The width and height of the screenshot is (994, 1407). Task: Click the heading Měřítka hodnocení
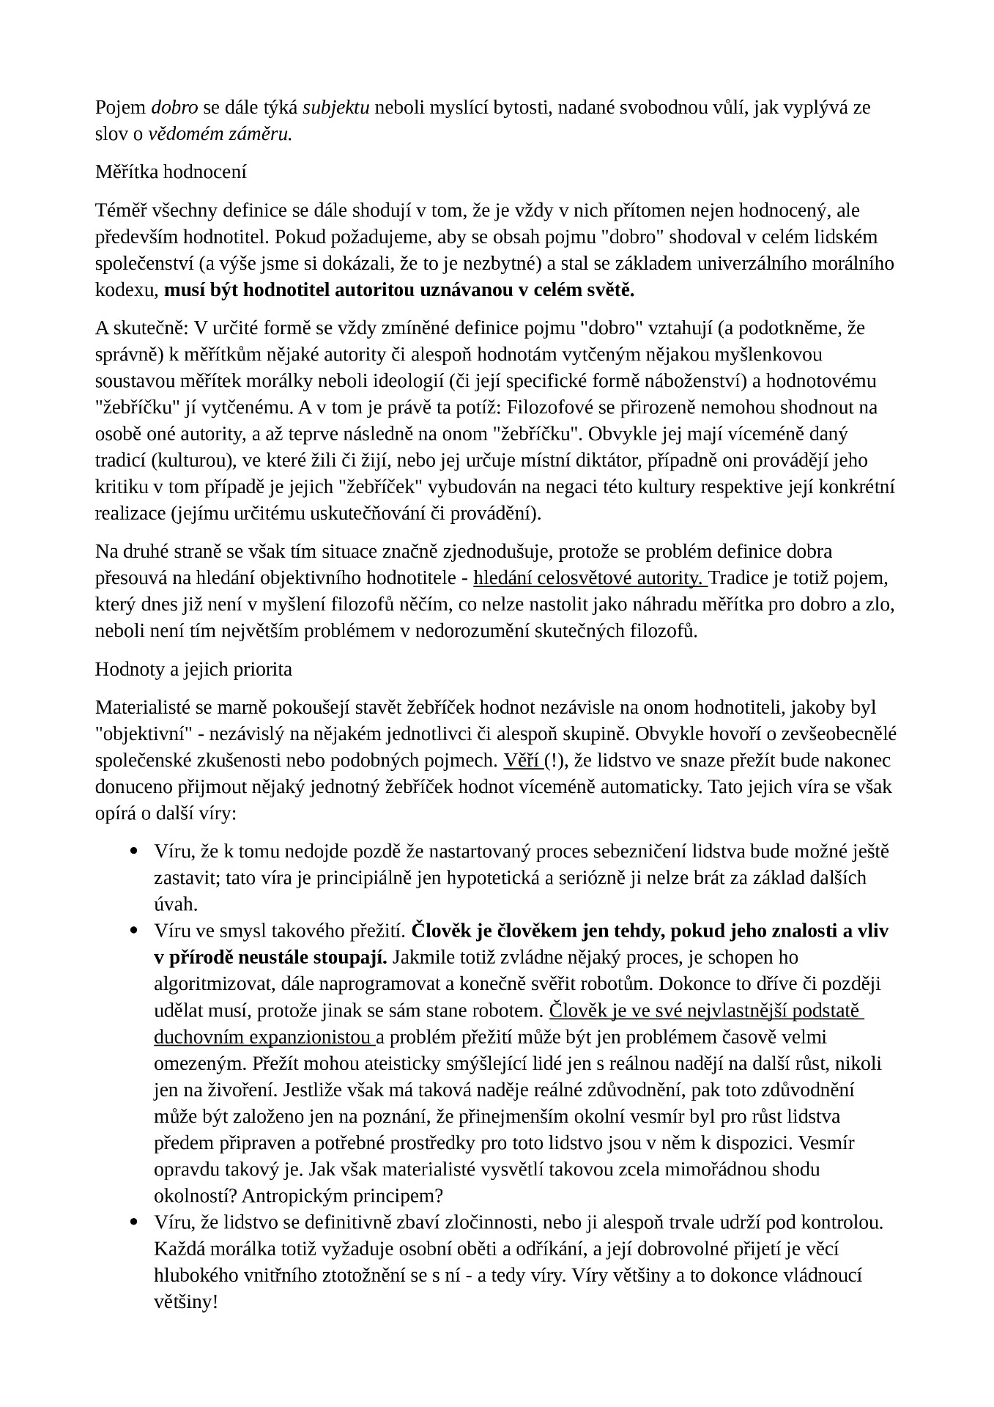coord(171,173)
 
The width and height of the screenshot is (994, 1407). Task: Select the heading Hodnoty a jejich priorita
coord(193,669)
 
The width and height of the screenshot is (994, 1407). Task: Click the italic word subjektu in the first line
coord(336,108)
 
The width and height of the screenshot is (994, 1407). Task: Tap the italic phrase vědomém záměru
coord(220,135)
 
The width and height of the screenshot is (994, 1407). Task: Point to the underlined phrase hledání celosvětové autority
coord(589,578)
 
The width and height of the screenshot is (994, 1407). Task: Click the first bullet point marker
coord(134,852)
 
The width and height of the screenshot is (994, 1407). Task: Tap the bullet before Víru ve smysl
coord(134,931)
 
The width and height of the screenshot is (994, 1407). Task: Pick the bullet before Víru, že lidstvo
coord(134,1222)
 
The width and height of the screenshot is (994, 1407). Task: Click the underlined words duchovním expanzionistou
coord(262,1038)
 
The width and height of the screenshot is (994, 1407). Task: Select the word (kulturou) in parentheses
coord(177,461)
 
